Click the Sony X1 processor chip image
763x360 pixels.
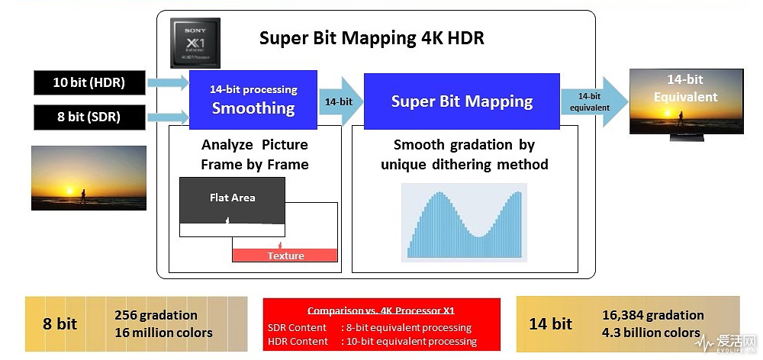(x=195, y=43)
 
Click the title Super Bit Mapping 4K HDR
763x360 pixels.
(x=372, y=38)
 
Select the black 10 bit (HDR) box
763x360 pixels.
(x=89, y=82)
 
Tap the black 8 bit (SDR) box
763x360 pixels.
(x=89, y=117)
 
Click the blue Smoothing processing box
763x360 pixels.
(x=253, y=100)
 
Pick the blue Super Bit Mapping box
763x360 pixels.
(x=462, y=101)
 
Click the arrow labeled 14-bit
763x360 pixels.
(x=340, y=101)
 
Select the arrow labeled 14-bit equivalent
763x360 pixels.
(x=594, y=101)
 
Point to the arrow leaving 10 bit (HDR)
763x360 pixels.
(x=168, y=82)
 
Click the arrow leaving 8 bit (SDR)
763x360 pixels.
(x=168, y=117)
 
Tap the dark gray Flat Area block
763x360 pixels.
(x=232, y=200)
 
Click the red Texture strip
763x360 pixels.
(x=285, y=256)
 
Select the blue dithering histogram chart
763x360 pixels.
(x=464, y=223)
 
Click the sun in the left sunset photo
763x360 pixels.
(x=69, y=191)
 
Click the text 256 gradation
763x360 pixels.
(x=156, y=315)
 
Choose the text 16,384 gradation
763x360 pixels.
(x=653, y=315)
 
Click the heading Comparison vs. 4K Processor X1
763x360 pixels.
(x=381, y=311)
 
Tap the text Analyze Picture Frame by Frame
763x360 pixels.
(x=255, y=155)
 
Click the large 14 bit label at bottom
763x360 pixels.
(x=550, y=324)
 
